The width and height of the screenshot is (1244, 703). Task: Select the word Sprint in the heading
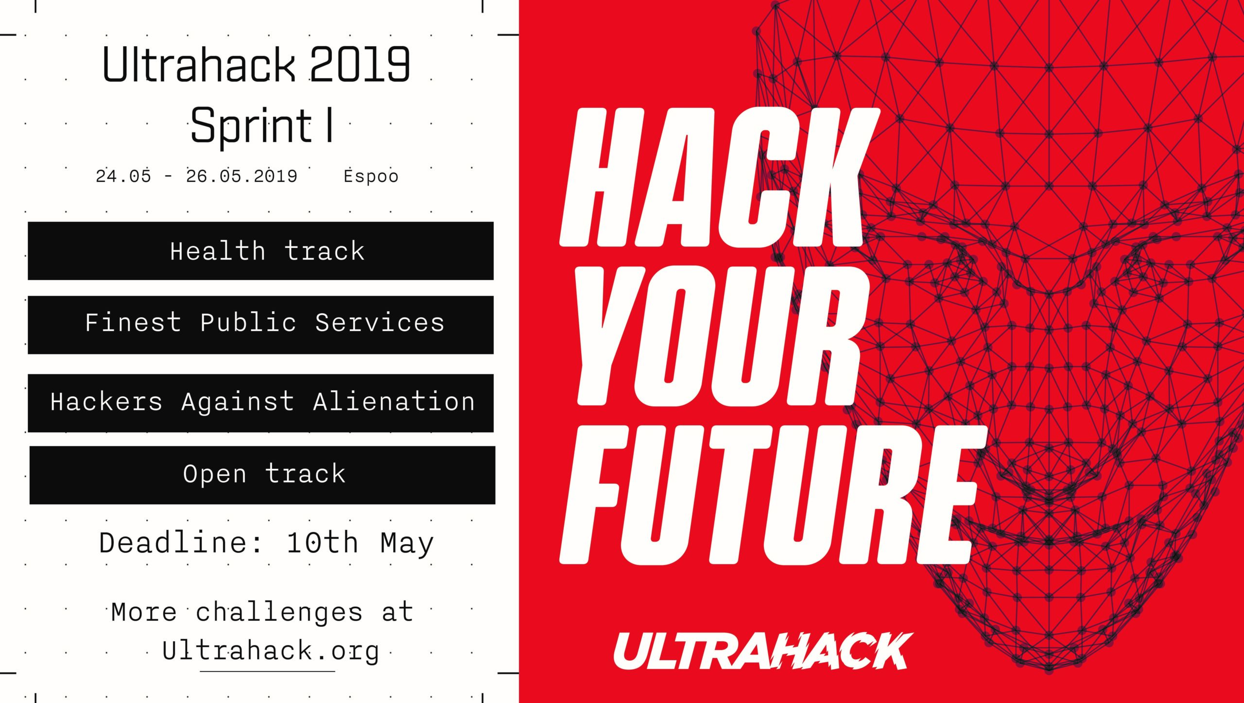point(251,126)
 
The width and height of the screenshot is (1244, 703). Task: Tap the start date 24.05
point(123,176)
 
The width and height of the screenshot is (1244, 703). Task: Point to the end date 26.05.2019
point(242,176)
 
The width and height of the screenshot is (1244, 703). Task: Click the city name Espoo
point(371,176)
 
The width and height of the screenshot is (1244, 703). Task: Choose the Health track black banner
point(260,251)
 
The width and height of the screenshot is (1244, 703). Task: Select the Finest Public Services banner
point(260,325)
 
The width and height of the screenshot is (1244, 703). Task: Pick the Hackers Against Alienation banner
point(260,403)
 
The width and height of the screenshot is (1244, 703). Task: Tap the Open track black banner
point(262,475)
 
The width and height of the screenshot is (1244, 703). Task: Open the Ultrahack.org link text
point(270,651)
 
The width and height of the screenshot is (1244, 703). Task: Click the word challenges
point(279,613)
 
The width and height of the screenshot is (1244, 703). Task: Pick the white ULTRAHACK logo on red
point(763,651)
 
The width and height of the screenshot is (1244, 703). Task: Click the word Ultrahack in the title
point(199,65)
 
